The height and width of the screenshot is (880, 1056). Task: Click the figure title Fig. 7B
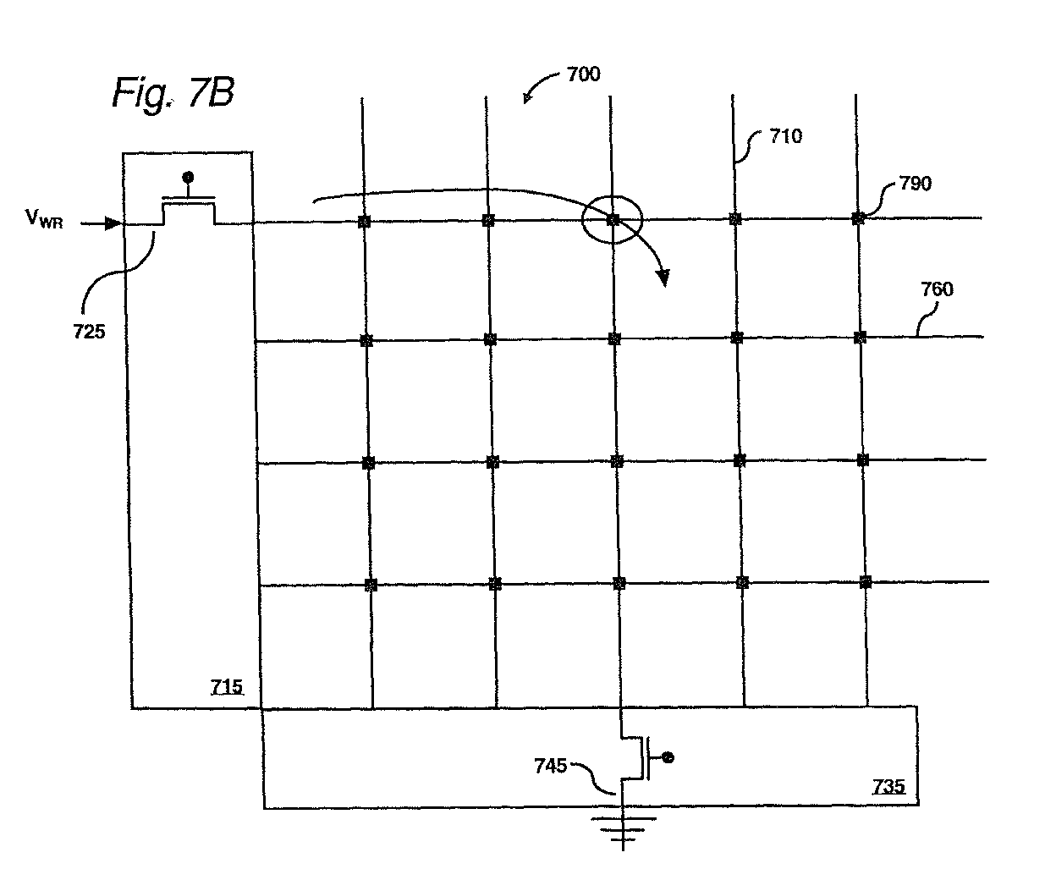tap(173, 94)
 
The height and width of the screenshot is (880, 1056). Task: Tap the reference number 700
tap(583, 74)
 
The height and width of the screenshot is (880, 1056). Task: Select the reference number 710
tap(786, 136)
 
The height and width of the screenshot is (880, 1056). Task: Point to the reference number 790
tap(916, 183)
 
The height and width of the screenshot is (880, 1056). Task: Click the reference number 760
tap(937, 289)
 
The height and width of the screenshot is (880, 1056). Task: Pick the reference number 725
tap(89, 332)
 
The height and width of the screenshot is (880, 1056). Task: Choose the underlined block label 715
tap(227, 687)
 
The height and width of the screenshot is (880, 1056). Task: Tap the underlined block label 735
tap(888, 786)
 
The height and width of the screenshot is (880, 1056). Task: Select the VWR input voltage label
tap(44, 218)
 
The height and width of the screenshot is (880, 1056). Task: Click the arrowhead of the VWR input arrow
tap(113, 223)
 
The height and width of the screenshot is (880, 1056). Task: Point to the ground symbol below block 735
tap(623, 830)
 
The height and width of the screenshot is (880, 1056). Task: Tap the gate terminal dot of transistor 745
tap(668, 757)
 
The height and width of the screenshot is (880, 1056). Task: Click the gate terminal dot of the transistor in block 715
tap(188, 178)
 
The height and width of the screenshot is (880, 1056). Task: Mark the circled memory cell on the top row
tap(613, 220)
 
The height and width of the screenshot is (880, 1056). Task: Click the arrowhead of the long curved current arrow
tap(663, 278)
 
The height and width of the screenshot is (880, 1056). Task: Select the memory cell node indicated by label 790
tap(857, 218)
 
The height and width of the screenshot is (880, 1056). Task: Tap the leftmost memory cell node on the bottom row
tap(371, 586)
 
